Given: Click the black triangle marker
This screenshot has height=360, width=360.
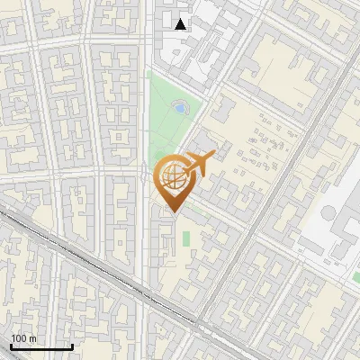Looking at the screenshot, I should (181, 24).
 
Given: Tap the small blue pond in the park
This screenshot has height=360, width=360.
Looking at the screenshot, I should (180, 108).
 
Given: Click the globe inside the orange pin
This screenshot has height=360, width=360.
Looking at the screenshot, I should (172, 177).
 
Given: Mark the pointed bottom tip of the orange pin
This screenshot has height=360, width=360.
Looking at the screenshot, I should (172, 211).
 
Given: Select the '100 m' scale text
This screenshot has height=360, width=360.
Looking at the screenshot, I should (23, 337).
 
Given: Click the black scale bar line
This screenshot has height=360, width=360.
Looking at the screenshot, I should (41, 346).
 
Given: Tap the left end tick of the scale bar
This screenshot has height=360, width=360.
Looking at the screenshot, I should (11, 345).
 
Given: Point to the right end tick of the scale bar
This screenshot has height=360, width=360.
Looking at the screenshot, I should (72, 345).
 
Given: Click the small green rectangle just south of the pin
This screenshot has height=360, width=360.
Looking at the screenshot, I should (186, 238).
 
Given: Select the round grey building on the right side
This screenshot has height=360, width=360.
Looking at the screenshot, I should (329, 216).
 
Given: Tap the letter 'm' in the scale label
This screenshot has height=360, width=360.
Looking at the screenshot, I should (32, 337).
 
